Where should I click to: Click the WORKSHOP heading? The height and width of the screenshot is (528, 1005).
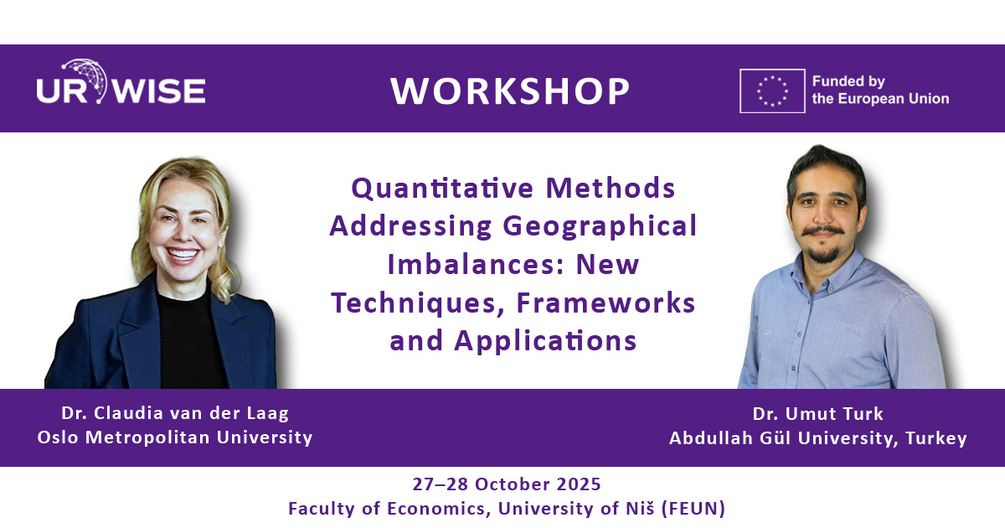[510, 91]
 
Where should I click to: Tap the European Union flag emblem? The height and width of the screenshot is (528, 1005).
[772, 91]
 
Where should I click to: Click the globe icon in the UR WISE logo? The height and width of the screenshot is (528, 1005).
[86, 80]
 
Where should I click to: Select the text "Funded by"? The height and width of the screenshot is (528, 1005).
[848, 81]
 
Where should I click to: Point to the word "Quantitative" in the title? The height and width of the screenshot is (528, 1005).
[442, 189]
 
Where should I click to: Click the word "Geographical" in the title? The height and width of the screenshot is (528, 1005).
[600, 226]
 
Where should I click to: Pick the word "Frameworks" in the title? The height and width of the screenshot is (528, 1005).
[606, 303]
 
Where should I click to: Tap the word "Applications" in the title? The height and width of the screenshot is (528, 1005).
[545, 341]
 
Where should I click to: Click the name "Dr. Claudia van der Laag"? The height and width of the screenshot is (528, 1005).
[175, 413]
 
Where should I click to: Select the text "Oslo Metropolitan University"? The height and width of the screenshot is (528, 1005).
[175, 437]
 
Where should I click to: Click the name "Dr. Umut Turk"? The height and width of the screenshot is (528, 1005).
[818, 413]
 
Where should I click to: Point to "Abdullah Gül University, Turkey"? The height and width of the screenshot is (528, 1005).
[818, 437]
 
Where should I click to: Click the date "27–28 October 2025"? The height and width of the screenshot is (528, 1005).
[507, 484]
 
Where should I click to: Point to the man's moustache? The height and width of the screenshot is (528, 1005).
[822, 231]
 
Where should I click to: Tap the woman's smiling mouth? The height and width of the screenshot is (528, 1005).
[183, 255]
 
